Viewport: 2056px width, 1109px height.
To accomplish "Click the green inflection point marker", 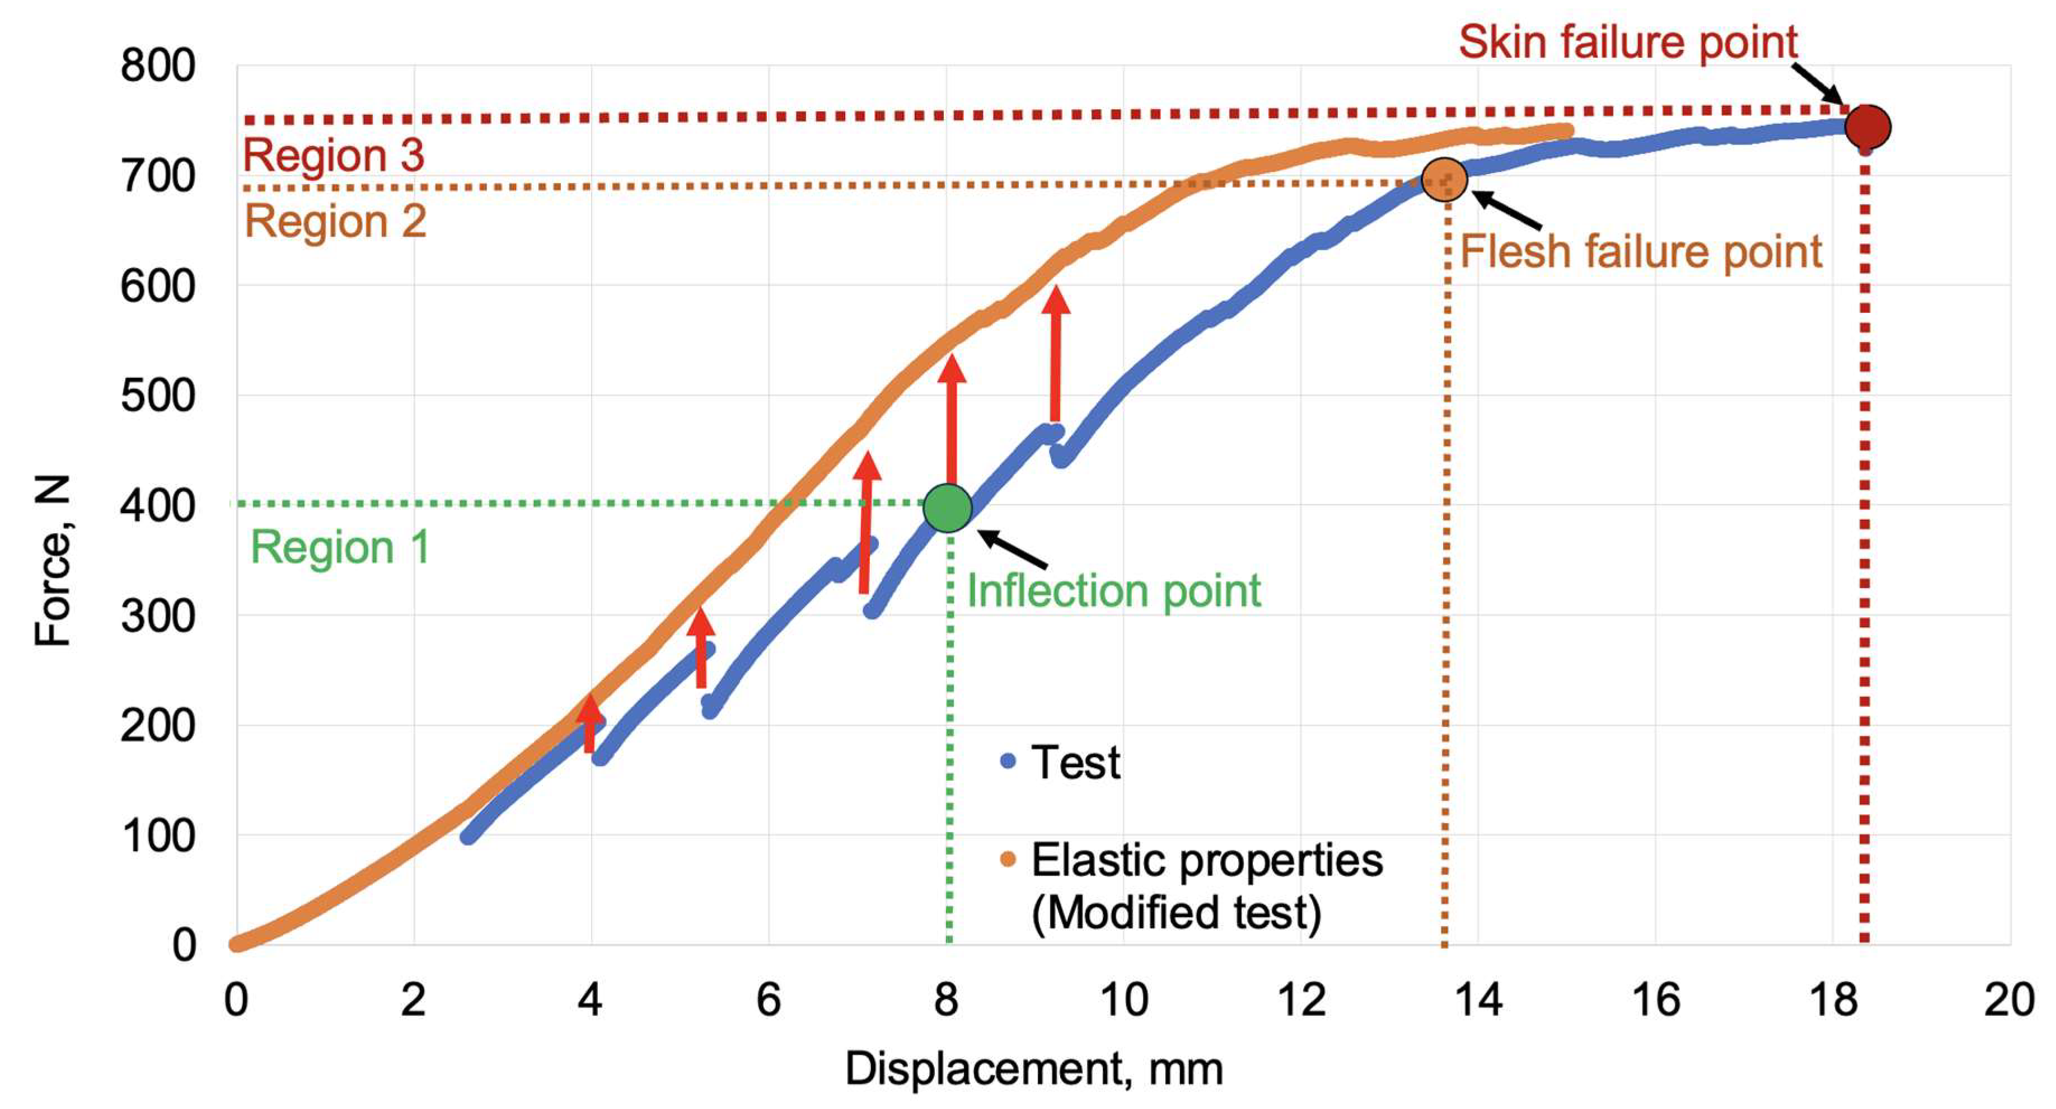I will click(947, 508).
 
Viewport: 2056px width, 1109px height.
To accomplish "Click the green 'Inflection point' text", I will click(1113, 591).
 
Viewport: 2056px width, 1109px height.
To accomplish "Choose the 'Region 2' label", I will click(335, 221).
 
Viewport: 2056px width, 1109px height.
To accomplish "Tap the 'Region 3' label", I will click(333, 155).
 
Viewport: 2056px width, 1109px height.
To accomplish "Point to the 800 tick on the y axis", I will click(158, 65).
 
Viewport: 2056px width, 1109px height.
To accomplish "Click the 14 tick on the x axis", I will click(1478, 1000).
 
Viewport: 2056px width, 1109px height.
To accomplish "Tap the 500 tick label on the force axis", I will click(158, 396).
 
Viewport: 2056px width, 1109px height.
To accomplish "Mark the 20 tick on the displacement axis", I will click(2009, 1000).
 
